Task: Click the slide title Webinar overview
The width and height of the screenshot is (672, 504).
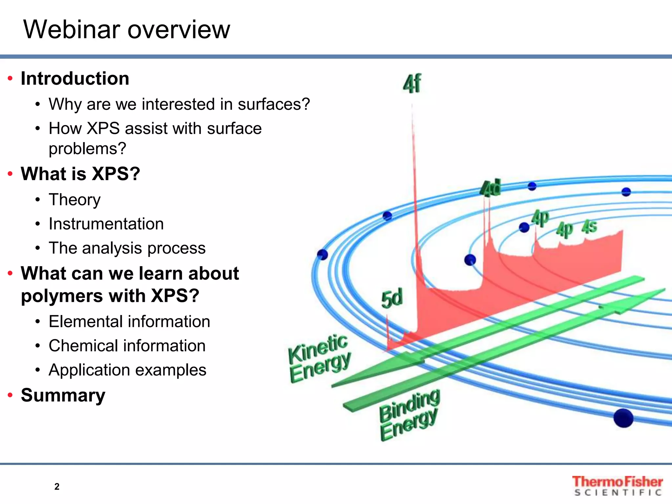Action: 127,30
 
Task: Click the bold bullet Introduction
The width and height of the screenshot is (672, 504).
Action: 75,79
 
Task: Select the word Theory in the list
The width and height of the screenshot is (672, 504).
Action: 74,199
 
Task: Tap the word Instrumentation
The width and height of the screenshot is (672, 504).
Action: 106,224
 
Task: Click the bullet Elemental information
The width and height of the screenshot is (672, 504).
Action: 129,322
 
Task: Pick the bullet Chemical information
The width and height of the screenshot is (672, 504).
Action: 127,346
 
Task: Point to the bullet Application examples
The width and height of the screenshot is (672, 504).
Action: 127,370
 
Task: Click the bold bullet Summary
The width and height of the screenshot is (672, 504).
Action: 63,395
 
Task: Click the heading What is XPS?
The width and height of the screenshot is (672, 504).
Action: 80,174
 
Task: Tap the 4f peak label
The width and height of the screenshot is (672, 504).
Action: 412,84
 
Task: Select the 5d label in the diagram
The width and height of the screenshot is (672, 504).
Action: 392,299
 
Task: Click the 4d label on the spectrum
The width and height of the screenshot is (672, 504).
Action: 491,188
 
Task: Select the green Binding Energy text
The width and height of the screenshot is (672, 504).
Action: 409,415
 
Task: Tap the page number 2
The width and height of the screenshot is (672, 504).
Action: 57,487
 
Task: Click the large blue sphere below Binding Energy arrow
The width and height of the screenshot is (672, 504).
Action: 623,418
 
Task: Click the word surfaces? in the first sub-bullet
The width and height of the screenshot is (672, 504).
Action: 274,104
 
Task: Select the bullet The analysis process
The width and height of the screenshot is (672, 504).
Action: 127,248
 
